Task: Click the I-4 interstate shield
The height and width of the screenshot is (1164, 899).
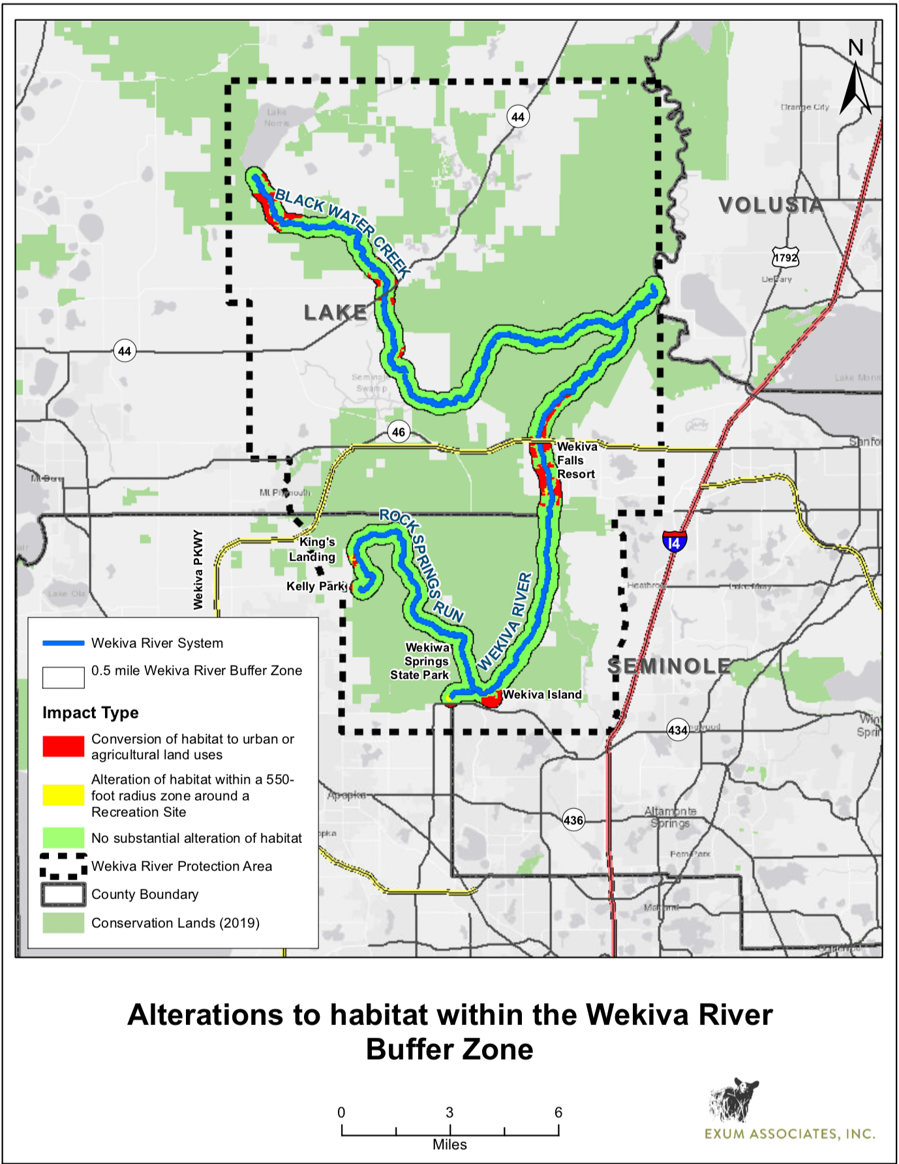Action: [674, 542]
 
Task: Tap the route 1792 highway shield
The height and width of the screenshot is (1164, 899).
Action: [785, 257]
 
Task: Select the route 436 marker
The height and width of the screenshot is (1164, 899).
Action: [573, 820]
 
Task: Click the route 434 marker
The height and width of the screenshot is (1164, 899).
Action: [678, 730]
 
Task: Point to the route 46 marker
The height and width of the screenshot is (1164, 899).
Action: [398, 431]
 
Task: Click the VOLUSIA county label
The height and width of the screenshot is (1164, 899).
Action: [770, 205]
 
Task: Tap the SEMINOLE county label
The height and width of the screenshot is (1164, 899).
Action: [669, 666]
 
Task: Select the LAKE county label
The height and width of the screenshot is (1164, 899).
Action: [335, 313]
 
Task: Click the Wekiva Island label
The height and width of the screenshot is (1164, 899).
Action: [541, 694]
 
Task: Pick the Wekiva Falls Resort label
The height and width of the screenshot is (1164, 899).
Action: [576, 461]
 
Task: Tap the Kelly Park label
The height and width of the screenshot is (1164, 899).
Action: [316, 586]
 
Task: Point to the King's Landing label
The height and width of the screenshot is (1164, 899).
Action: [314, 549]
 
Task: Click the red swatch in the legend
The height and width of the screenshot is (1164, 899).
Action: [63, 746]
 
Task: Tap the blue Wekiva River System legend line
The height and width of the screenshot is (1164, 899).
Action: [63, 643]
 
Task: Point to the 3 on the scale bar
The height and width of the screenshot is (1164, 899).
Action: [450, 1112]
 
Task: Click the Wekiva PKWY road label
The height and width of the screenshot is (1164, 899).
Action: [198, 570]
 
